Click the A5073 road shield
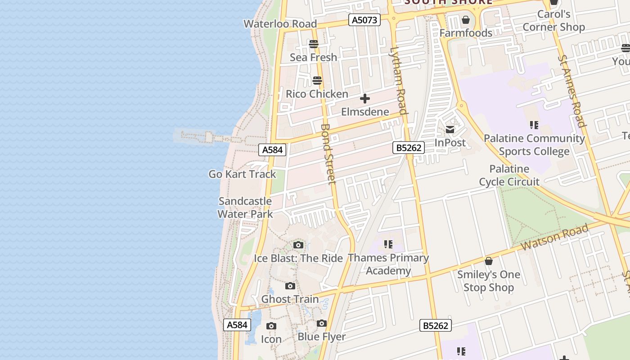pyautogui.click(x=364, y=20)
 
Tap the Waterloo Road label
pyautogui.click(x=280, y=24)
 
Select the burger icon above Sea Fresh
pyautogui.click(x=314, y=44)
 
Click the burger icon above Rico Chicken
pyautogui.click(x=317, y=81)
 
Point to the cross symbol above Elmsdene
pyautogui.click(x=365, y=99)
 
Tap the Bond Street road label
pyautogui.click(x=328, y=153)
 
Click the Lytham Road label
pyautogui.click(x=399, y=81)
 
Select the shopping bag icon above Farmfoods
pyautogui.click(x=466, y=20)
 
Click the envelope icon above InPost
pyautogui.click(x=450, y=130)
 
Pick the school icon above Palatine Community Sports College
pyautogui.click(x=534, y=125)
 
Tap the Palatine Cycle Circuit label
pyautogui.click(x=509, y=175)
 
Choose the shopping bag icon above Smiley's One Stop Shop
pyautogui.click(x=489, y=261)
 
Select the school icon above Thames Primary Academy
pyautogui.click(x=388, y=245)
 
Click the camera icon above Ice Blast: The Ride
pyautogui.click(x=298, y=245)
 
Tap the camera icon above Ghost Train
pyautogui.click(x=290, y=286)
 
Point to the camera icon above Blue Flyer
pyautogui.click(x=321, y=324)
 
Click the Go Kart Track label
pyautogui.click(x=242, y=174)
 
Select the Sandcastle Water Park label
pyautogui.click(x=245, y=207)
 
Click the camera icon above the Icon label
pyautogui.click(x=271, y=326)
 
